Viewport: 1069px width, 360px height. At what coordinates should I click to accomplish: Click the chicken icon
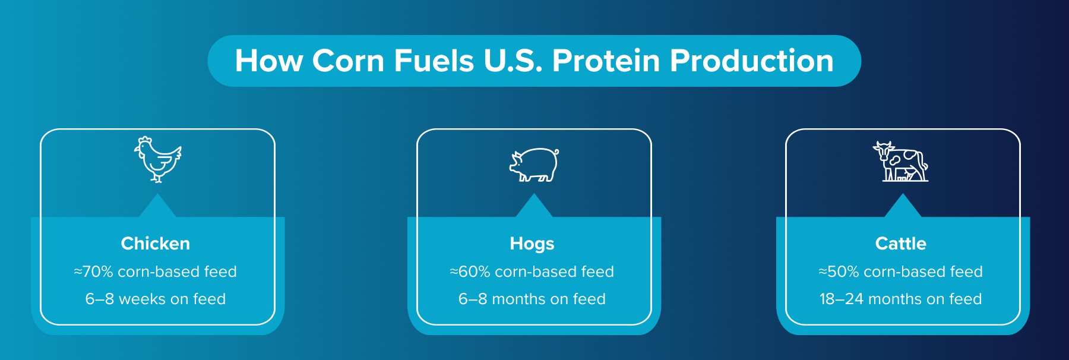157,159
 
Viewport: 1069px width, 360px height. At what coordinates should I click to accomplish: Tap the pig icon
534,165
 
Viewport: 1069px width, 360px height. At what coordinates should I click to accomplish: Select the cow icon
900,162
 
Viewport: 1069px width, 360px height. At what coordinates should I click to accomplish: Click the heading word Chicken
156,244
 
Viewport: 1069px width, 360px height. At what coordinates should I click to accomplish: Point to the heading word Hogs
532,244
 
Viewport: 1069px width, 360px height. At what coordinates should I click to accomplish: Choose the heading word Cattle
900,244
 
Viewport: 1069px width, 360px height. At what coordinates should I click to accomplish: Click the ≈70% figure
93,271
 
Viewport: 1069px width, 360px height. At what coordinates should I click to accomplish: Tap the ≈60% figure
470,271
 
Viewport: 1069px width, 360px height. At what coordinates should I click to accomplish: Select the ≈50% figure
839,271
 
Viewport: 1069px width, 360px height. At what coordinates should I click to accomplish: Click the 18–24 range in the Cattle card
841,299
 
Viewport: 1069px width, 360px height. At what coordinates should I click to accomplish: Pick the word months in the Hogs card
518,299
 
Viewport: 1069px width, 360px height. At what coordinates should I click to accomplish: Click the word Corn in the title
348,61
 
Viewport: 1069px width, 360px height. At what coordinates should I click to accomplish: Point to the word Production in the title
752,61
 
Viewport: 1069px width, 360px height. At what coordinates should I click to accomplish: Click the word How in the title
268,61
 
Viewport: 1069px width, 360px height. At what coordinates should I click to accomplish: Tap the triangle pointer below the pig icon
534,206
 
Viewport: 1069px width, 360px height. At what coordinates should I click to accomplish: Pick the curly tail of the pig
556,152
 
